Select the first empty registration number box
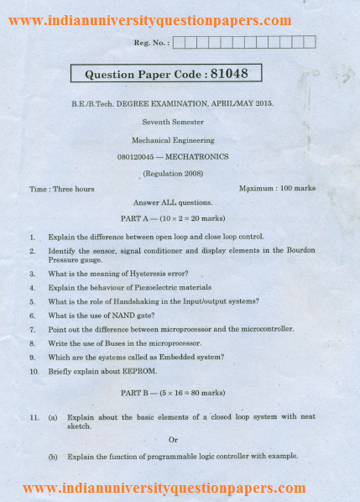pyautogui.click(x=179, y=41)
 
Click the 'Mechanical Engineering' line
pyautogui.click(x=173, y=140)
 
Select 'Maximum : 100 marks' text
pyautogui.click(x=277, y=188)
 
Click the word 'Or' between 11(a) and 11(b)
pyautogui.click(x=174, y=439)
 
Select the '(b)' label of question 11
pyautogui.click(x=53, y=457)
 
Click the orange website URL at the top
pyautogui.click(x=150, y=20)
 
